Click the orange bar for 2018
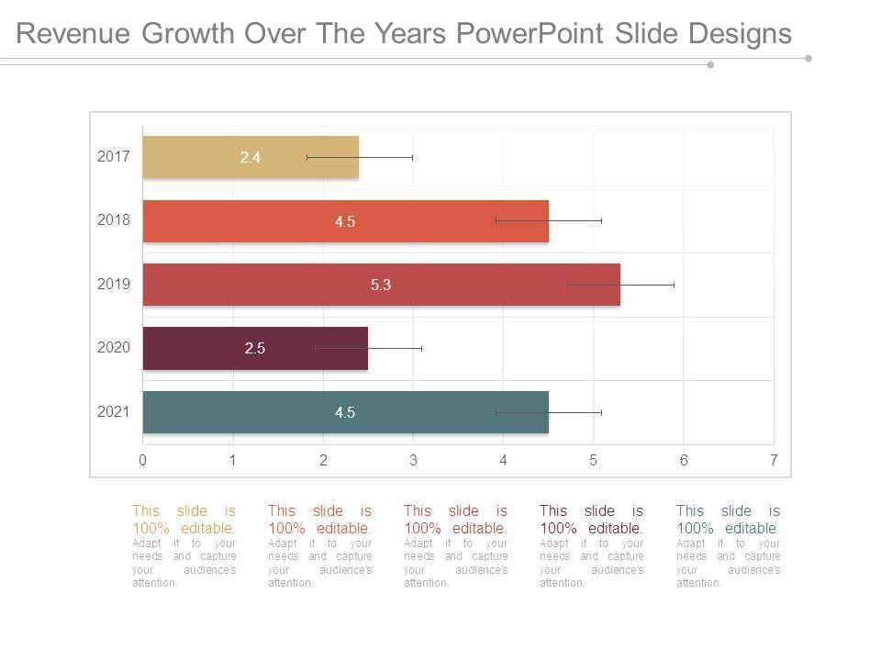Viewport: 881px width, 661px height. (275, 221)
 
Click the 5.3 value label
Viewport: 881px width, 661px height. (381, 286)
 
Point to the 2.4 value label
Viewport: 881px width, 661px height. (251, 158)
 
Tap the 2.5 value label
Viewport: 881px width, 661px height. (255, 349)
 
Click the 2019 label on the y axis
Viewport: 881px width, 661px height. (114, 284)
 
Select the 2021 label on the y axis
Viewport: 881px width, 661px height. (114, 411)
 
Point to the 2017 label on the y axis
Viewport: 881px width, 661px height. (114, 156)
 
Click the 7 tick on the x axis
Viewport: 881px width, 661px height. (774, 461)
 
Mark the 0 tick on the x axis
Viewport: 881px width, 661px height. (143, 461)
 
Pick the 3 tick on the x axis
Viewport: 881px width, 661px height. (413, 461)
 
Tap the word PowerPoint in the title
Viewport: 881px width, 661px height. (530, 34)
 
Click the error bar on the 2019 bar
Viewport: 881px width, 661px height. (620, 285)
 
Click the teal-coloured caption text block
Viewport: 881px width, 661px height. (728, 545)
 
